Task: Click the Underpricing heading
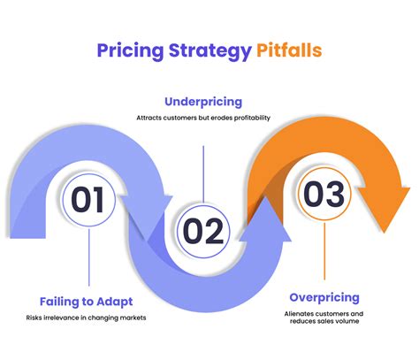[204, 101]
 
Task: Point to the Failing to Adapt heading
[87, 301]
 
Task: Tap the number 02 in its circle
[203, 232]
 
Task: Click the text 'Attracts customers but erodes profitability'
[204, 119]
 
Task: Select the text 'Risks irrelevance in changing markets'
[87, 318]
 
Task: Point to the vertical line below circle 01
[88, 261]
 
